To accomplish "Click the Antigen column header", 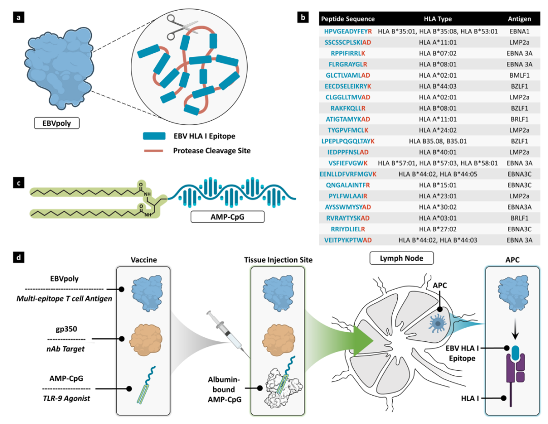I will (519, 19).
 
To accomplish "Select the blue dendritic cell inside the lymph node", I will (437, 320).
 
